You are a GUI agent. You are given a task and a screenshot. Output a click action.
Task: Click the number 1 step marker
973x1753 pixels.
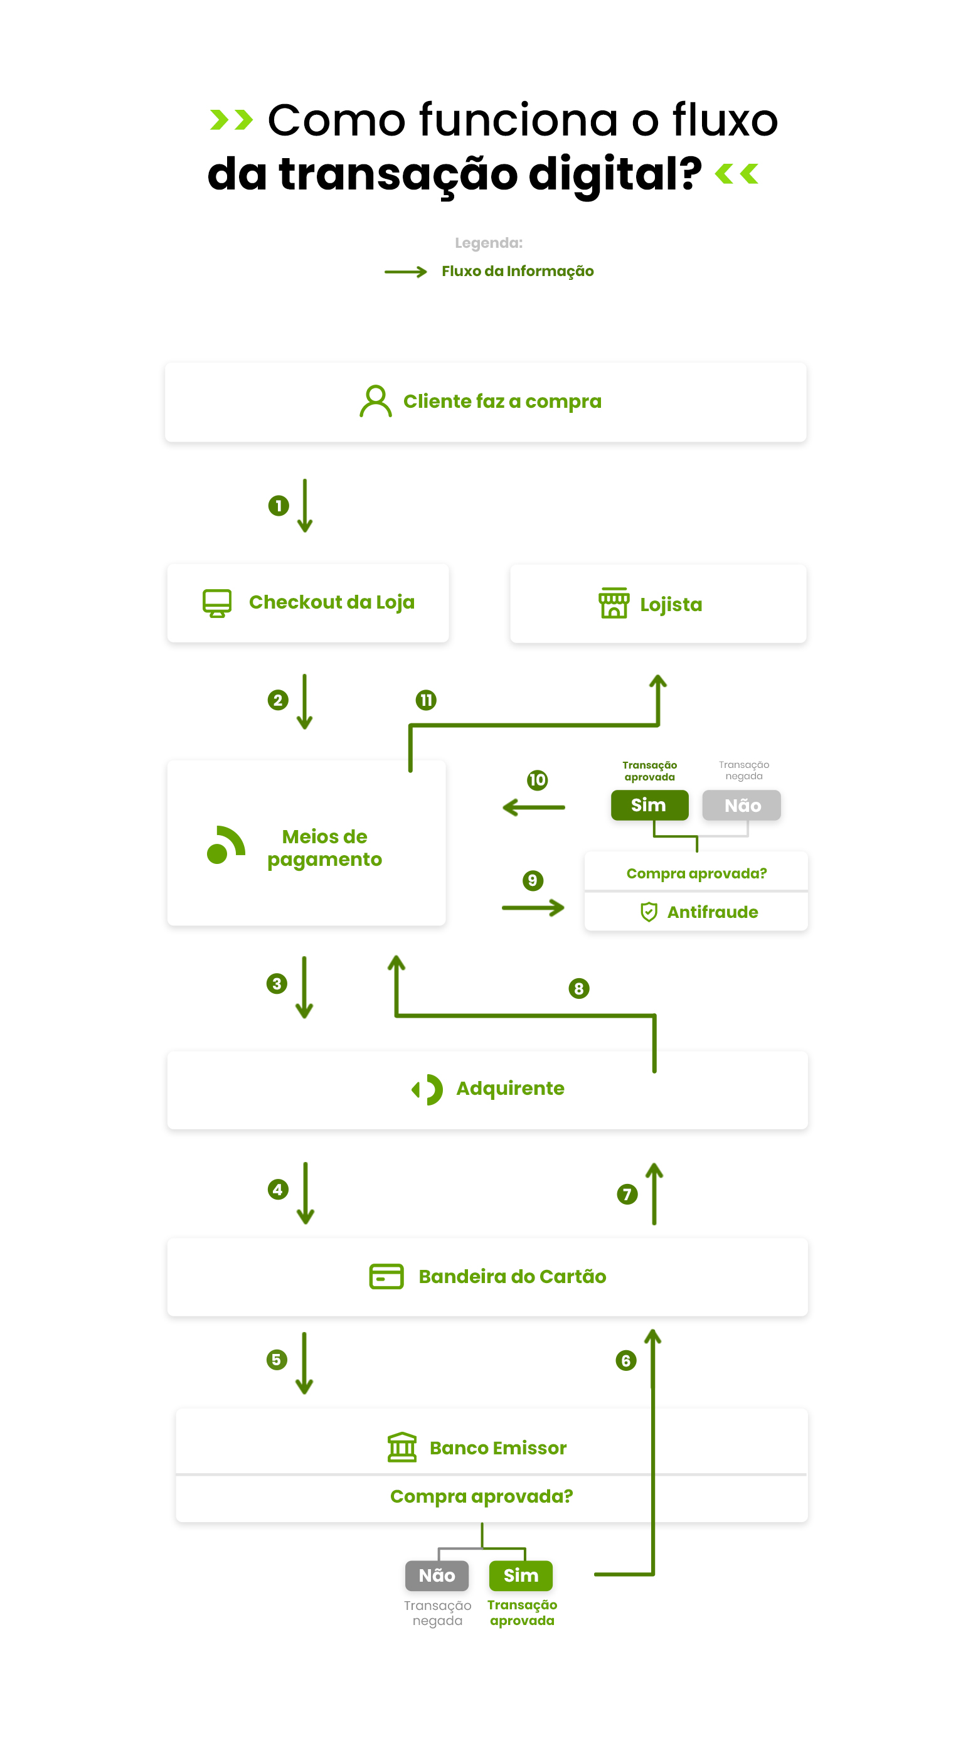tap(279, 506)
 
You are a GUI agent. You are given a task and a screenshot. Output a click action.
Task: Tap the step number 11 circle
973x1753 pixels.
tap(426, 700)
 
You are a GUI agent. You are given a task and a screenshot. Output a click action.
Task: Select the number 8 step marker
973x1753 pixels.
tap(578, 988)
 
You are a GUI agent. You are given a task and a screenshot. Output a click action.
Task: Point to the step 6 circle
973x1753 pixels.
tap(625, 1360)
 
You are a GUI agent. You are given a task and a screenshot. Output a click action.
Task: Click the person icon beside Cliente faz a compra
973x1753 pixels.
tap(375, 401)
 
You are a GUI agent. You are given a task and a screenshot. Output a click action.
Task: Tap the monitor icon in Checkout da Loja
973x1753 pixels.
tap(216, 603)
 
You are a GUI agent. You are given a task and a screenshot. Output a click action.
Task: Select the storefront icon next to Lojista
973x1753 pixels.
tap(613, 603)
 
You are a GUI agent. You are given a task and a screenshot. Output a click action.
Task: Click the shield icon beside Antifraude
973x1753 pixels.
tap(649, 912)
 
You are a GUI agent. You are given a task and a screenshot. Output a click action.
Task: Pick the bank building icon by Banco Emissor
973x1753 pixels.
tap(401, 1447)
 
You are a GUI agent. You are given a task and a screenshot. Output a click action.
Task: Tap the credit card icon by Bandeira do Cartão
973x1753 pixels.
tap(386, 1277)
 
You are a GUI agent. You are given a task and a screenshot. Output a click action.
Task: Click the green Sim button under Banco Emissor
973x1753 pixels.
tap(521, 1575)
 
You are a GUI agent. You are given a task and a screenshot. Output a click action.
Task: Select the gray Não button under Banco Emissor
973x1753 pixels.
tap(436, 1575)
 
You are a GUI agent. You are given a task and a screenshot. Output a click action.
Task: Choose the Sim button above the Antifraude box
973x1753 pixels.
tap(649, 805)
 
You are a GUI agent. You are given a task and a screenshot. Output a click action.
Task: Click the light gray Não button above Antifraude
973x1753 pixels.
tap(741, 805)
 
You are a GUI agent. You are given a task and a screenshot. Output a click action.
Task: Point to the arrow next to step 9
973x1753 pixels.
tap(533, 908)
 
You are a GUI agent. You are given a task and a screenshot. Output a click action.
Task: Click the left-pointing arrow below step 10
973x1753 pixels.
tap(533, 807)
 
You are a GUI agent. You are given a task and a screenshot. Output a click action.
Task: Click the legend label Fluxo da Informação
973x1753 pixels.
tap(517, 272)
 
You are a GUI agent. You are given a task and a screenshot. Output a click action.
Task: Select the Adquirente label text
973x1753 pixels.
tap(509, 1088)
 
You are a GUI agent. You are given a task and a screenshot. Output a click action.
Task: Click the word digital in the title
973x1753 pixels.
tap(614, 174)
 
